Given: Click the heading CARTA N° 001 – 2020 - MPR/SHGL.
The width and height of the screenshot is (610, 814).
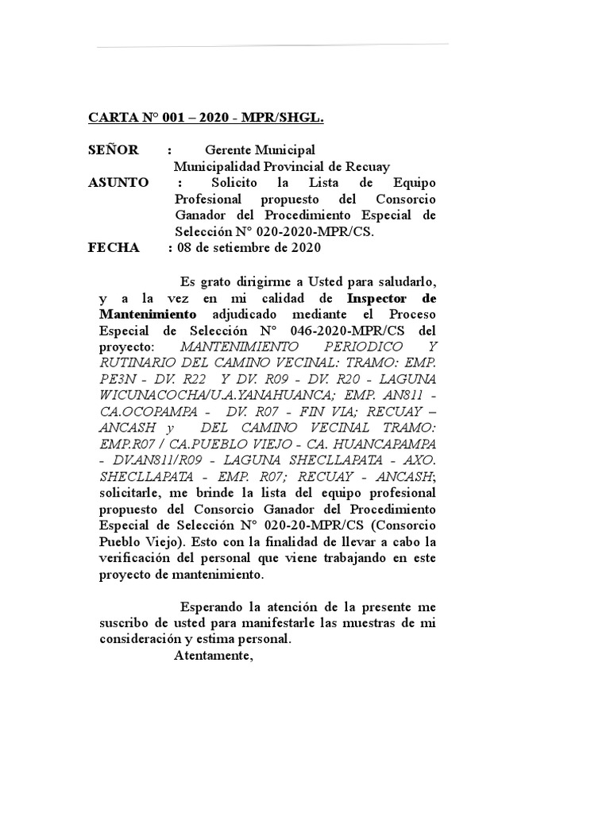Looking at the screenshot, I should [206, 118].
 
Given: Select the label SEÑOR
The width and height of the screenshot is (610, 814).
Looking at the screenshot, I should [113, 149].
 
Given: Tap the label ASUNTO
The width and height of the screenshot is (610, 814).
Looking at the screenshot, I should [118, 182].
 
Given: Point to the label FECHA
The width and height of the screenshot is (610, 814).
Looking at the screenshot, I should [113, 247].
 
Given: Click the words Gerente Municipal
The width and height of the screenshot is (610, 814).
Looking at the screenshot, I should [260, 149].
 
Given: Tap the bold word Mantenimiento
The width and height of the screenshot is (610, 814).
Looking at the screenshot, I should [149, 314].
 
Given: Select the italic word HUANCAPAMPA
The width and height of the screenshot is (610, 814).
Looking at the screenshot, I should [388, 445].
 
